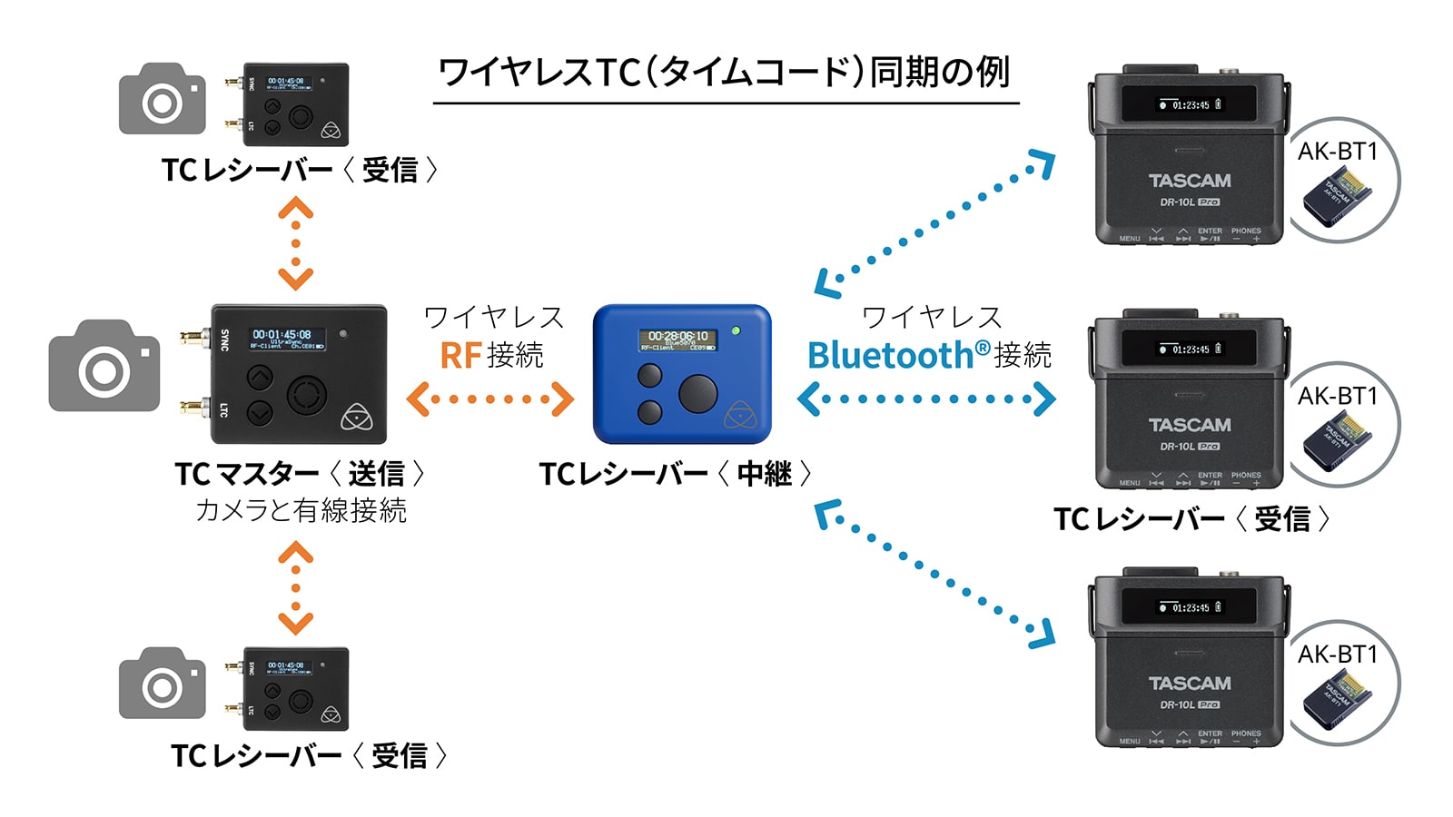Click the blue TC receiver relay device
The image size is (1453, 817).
pyautogui.click(x=681, y=374)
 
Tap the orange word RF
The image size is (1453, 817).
pyautogui.click(x=460, y=355)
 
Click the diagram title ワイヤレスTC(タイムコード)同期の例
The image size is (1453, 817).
pyautogui.click(x=725, y=73)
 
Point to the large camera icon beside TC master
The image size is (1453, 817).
pyautogui.click(x=104, y=365)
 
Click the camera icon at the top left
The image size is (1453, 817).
pyautogui.click(x=163, y=99)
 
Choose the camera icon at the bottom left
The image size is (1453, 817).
pyautogui.click(x=163, y=684)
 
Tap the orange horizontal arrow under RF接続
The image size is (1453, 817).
pyautogui.click(x=490, y=399)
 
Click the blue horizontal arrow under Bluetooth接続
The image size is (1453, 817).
pyautogui.click(x=926, y=399)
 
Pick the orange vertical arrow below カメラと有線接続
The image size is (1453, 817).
pyautogui.click(x=296, y=587)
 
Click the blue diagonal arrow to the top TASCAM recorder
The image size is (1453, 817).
pyautogui.click(x=935, y=224)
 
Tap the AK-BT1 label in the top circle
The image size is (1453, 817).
pyautogui.click(x=1337, y=152)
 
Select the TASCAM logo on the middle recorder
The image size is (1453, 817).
pyautogui.click(x=1190, y=425)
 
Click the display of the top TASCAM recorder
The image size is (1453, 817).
pyautogui.click(x=1190, y=104)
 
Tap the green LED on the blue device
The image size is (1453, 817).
pyautogui.click(x=736, y=330)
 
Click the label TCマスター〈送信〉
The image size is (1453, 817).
pyautogui.click(x=300, y=473)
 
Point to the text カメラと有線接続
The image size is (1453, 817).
pyautogui.click(x=301, y=510)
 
